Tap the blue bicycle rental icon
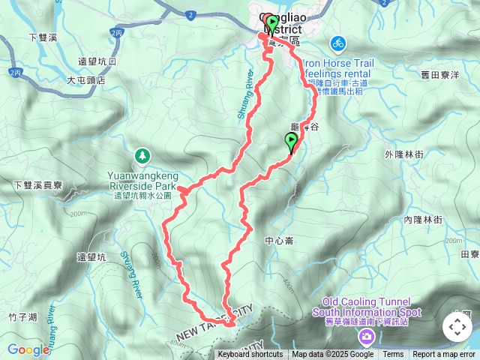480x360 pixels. click(x=337, y=43)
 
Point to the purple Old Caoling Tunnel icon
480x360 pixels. click(x=366, y=334)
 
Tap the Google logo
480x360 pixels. click(x=28, y=349)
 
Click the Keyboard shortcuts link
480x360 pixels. click(x=250, y=355)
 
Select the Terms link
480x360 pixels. click(x=393, y=355)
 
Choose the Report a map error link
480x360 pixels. click(x=444, y=355)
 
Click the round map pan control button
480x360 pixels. click(x=457, y=327)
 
